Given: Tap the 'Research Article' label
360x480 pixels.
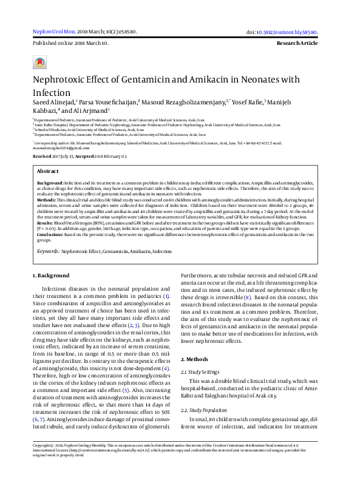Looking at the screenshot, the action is [x=297, y=44].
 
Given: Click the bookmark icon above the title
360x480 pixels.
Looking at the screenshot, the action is [x=39, y=63].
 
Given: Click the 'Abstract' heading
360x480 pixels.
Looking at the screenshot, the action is [x=48, y=172].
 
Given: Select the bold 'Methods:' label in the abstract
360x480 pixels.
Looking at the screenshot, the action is [x=47, y=199].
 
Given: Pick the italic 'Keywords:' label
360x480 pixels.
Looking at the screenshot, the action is [x=48, y=251].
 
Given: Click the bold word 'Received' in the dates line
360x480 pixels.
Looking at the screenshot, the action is [x=42, y=156].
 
